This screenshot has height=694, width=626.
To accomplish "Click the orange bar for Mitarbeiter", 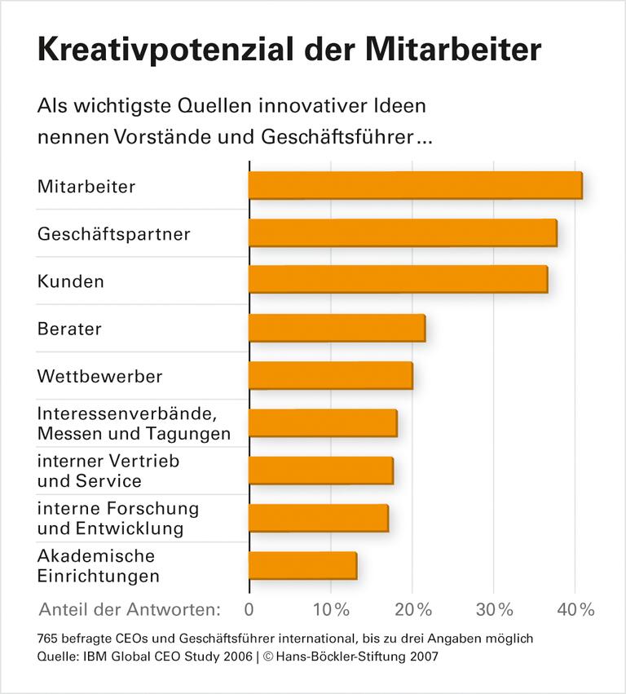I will point(415,185).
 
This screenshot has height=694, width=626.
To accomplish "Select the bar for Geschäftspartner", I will point(402,232).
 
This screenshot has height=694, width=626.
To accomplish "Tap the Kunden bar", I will point(398,280).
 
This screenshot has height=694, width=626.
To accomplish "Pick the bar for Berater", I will point(337,328).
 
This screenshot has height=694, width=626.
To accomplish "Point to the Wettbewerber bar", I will point(330,375).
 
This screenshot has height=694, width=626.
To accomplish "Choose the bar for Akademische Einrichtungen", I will point(302,565).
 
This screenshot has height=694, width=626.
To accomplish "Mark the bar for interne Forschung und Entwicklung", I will point(318,518).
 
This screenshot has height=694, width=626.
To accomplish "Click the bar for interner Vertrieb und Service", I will point(320,471).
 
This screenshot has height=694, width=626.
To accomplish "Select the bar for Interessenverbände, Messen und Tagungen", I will point(323,423).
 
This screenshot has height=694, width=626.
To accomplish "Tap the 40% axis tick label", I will point(576,609).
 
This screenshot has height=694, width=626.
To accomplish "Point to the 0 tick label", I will point(249,609).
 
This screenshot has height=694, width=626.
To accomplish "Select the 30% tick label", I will point(495,609).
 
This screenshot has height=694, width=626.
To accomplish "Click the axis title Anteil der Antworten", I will point(130,609).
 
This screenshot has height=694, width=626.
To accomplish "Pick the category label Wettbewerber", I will point(99,377).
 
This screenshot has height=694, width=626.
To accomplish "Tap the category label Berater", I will point(69,329).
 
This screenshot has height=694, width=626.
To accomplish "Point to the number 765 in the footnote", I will point(49,638).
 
